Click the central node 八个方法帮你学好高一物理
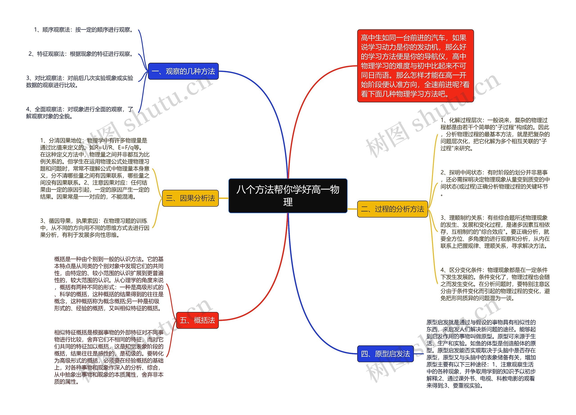[x=288, y=195]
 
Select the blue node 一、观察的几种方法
[x=183, y=71]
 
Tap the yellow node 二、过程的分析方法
[x=392, y=209]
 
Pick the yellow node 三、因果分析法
[x=190, y=198]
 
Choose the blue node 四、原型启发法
[x=385, y=354]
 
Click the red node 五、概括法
[x=197, y=320]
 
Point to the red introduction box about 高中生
[x=415, y=66]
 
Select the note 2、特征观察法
[x=81, y=54]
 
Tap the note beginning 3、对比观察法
[x=80, y=81]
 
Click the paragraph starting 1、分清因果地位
[x=95, y=168]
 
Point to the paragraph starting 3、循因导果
[x=95, y=228]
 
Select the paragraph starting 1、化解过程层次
[x=495, y=134]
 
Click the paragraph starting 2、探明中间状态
[x=495, y=183]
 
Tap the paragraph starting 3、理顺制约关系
[x=495, y=231]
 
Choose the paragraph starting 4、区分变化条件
[x=495, y=284]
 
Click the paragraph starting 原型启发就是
[x=481, y=354]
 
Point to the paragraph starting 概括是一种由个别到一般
[x=109, y=283]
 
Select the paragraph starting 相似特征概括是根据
[x=109, y=357]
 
